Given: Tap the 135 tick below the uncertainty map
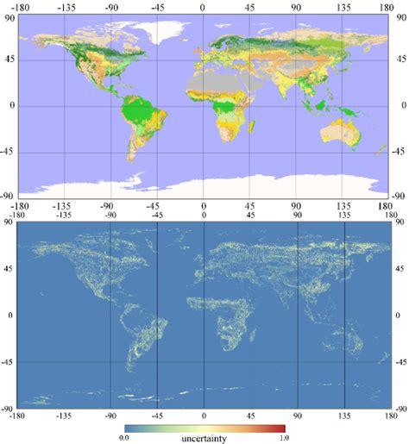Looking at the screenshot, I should click(344, 415).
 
